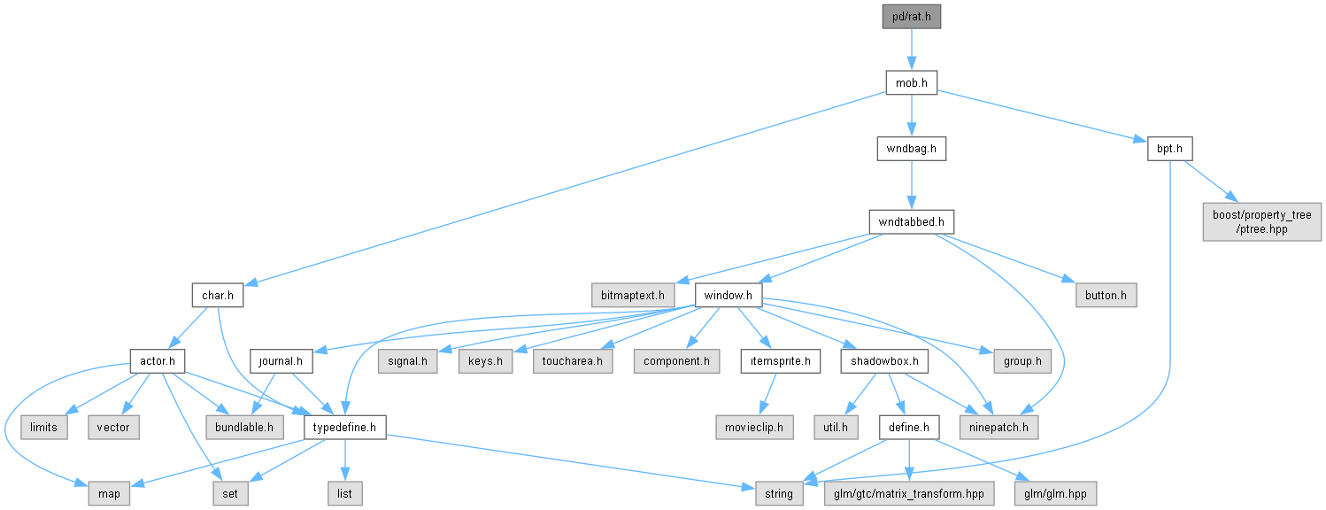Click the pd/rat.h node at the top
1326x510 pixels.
911,17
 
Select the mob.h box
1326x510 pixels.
911,82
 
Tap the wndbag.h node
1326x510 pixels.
911,149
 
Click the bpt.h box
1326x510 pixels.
1169,149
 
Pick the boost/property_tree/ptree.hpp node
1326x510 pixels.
1261,222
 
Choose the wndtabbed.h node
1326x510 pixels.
911,222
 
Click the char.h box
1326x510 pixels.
217,295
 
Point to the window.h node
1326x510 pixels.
729,295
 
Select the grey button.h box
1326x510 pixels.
1106,295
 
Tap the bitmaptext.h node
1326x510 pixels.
632,295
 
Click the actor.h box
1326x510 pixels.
157,361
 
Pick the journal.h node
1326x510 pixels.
281,361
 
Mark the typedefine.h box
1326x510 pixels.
344,427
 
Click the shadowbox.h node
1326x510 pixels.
884,361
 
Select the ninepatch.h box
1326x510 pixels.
998,427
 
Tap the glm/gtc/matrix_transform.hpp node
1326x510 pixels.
909,493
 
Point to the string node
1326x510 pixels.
778,493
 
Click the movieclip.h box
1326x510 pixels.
754,427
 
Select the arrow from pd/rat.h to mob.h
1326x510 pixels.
911,50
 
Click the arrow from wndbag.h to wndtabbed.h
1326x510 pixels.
911,185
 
